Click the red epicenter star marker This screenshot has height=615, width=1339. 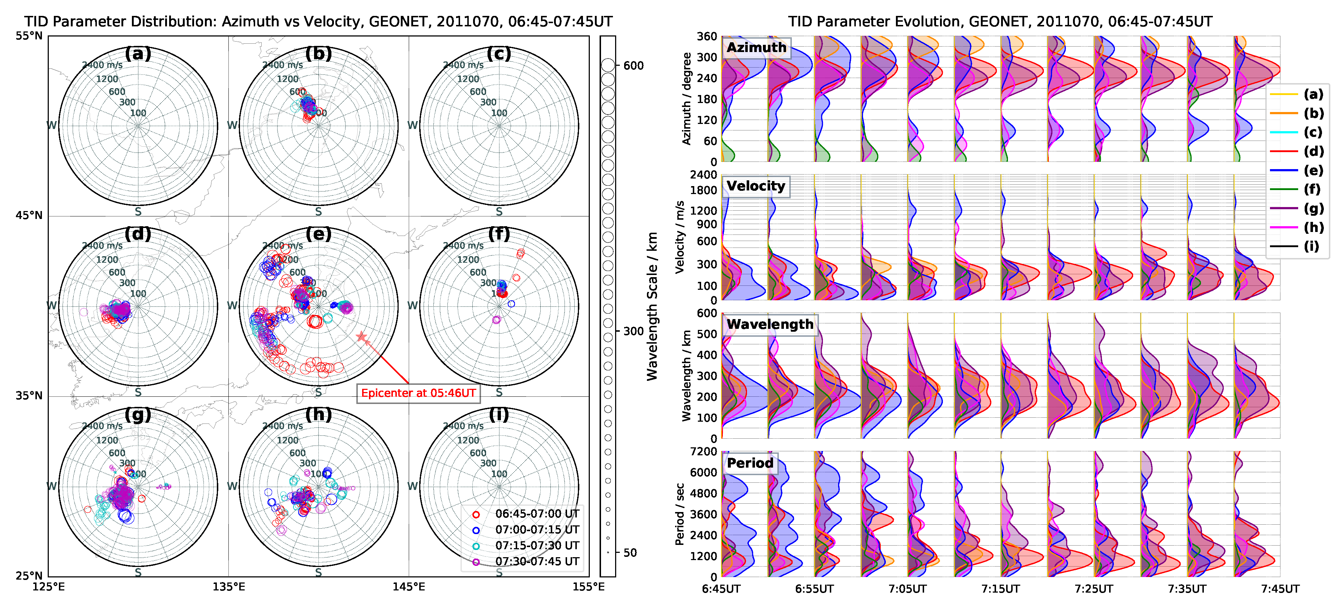(362, 337)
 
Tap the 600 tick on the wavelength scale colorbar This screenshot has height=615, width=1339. (633, 65)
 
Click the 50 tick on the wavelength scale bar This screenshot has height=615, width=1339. (630, 552)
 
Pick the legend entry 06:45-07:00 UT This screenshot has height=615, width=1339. (536, 513)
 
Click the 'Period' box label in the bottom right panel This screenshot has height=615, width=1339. (750, 463)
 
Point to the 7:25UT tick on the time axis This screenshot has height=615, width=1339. (1094, 589)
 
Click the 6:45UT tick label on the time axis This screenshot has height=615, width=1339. (721, 589)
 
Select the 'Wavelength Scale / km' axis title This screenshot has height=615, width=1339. (652, 307)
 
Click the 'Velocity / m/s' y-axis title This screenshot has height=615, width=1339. (679, 237)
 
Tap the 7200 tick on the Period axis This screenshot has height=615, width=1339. (703, 451)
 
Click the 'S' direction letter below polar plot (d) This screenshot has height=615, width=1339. (138, 392)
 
